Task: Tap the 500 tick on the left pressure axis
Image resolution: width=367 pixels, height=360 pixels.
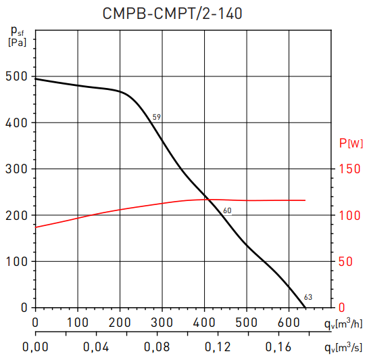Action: coord(15,76)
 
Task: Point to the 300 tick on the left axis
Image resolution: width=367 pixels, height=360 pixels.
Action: coord(15,169)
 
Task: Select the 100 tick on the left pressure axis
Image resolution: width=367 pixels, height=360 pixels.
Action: coord(15,261)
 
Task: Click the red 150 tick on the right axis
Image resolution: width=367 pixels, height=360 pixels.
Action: coord(349,169)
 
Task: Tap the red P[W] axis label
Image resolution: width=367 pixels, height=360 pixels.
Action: coord(350,143)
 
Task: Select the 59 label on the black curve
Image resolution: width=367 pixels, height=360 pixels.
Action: coord(156,118)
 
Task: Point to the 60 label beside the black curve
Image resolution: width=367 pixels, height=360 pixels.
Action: coord(227,210)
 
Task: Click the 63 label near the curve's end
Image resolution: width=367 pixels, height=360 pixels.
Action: coord(308,297)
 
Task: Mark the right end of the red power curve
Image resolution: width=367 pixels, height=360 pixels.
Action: coord(305,200)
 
